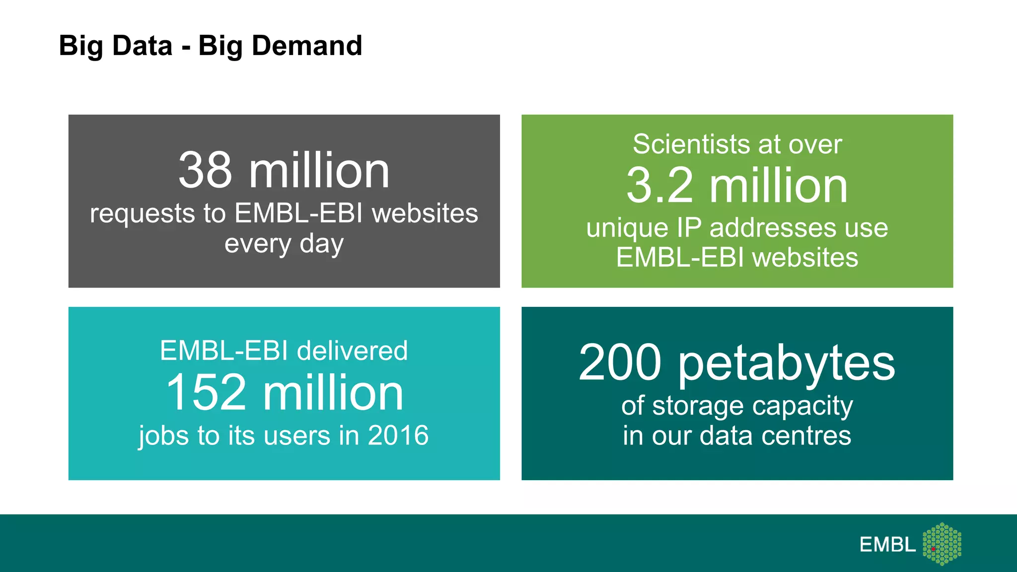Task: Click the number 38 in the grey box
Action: pyautogui.click(x=205, y=170)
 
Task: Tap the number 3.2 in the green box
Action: pyautogui.click(x=659, y=186)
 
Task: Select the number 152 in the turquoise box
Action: pyautogui.click(x=206, y=392)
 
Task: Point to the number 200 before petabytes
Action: pyautogui.click(x=620, y=362)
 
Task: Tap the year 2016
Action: pyautogui.click(x=398, y=435)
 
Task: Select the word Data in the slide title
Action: pyautogui.click(x=143, y=46)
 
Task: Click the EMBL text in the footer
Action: pyautogui.click(x=887, y=545)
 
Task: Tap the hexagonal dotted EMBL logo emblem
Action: pyautogui.click(x=942, y=544)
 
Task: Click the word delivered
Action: pyautogui.click(x=352, y=351)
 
